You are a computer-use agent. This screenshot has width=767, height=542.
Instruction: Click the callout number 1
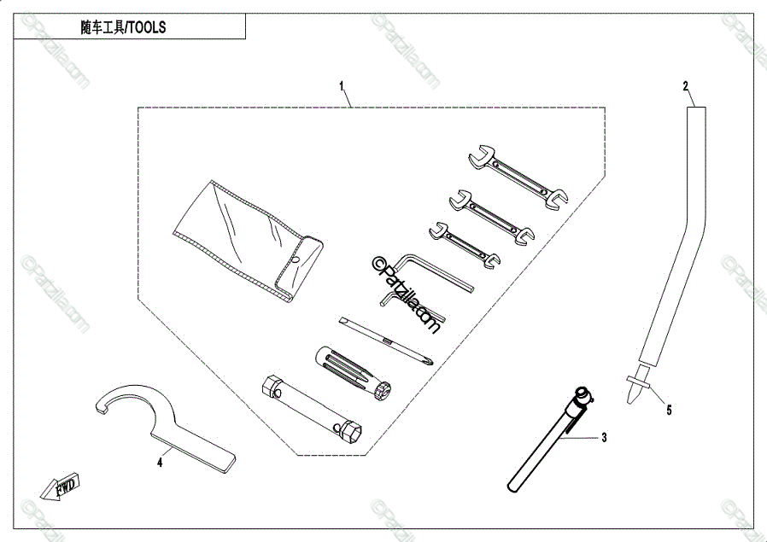(342, 86)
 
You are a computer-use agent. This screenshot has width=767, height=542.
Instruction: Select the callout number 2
(685, 85)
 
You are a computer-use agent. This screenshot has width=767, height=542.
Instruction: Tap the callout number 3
(604, 438)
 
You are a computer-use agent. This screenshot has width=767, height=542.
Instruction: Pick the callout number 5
(669, 410)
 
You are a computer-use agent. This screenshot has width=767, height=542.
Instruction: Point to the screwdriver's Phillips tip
(427, 359)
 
